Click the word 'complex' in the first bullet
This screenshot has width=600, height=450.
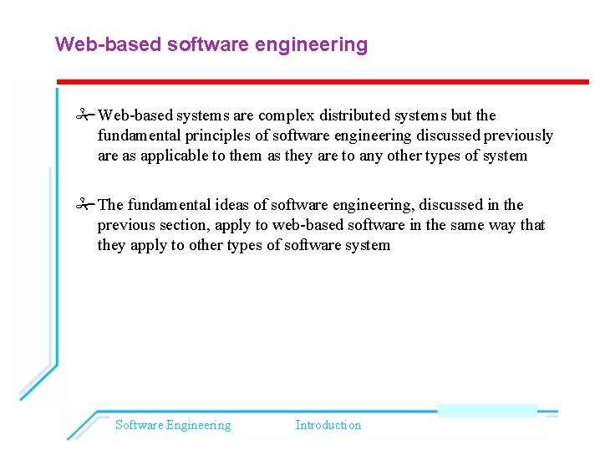(286, 115)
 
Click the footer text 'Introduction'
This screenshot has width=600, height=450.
(328, 425)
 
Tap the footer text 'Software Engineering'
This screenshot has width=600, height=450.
(173, 425)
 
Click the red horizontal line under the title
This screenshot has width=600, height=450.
(323, 81)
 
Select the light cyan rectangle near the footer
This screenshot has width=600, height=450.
(487, 410)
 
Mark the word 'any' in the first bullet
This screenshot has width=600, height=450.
(372, 156)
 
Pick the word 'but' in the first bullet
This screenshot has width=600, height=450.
(463, 115)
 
